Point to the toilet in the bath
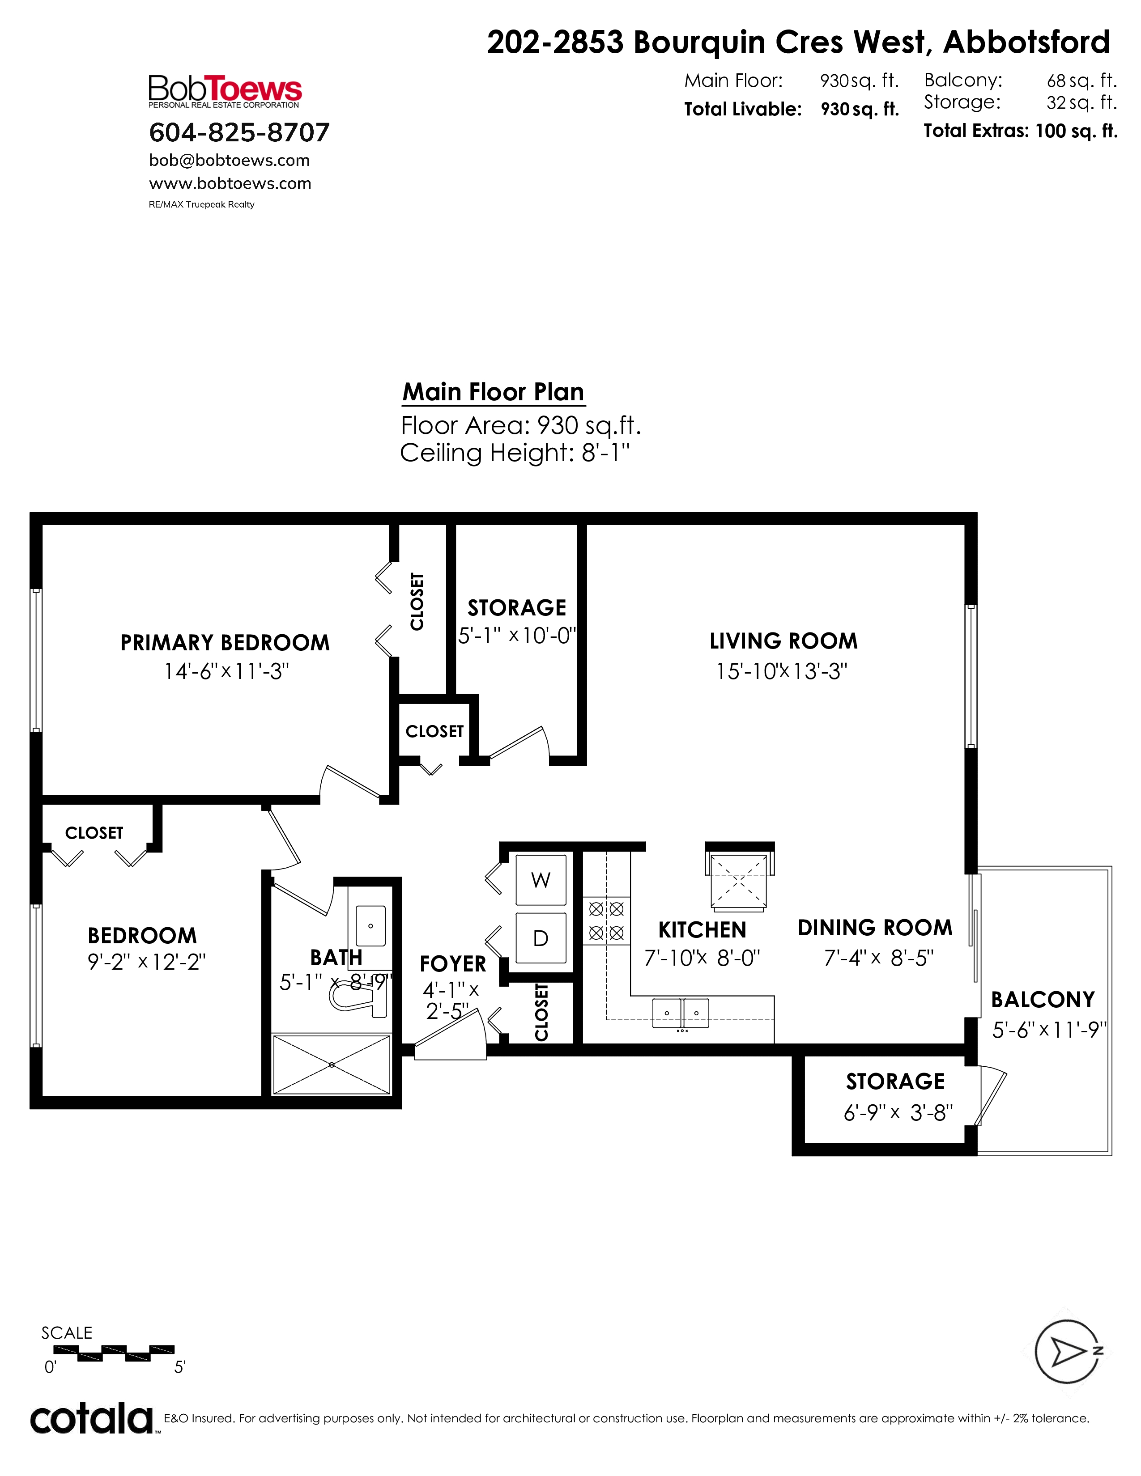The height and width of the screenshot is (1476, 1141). (358, 996)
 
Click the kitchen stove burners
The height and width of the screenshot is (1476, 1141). (606, 921)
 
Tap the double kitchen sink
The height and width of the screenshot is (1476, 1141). (681, 1013)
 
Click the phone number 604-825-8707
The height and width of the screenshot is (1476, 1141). (239, 132)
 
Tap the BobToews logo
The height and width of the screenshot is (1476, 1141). (225, 91)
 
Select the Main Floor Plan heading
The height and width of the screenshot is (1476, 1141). (494, 392)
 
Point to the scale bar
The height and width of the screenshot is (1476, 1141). (114, 1350)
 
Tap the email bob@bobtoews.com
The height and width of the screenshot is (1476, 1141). (229, 161)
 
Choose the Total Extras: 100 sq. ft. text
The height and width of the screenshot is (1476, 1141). (1021, 131)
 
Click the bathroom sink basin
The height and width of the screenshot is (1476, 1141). (370, 926)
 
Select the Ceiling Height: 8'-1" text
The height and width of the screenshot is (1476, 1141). (515, 453)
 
